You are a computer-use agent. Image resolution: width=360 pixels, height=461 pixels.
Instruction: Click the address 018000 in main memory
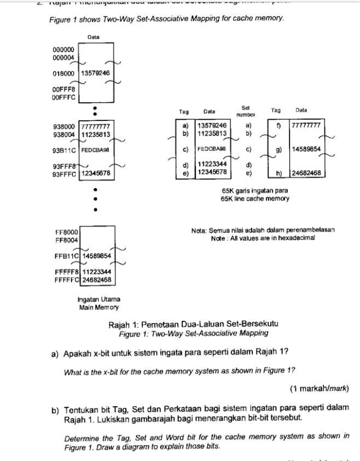click(63, 73)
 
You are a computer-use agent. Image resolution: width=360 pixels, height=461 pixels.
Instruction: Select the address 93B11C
click(65, 149)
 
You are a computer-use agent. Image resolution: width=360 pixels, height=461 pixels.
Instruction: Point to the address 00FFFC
click(63, 97)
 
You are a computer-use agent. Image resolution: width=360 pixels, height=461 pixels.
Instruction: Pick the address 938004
click(64, 133)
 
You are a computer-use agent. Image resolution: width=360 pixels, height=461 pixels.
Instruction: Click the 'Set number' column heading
click(246, 112)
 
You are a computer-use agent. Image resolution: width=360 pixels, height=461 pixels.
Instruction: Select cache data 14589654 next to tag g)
click(306, 149)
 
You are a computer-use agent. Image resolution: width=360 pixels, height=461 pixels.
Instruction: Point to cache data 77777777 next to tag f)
click(306, 125)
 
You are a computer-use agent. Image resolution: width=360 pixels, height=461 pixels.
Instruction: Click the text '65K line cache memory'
click(255, 199)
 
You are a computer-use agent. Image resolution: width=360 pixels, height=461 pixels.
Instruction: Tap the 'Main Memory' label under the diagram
click(98, 307)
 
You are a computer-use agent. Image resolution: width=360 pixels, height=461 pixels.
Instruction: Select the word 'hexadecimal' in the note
click(297, 238)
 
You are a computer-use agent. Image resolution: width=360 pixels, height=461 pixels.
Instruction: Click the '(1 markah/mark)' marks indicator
click(319, 389)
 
